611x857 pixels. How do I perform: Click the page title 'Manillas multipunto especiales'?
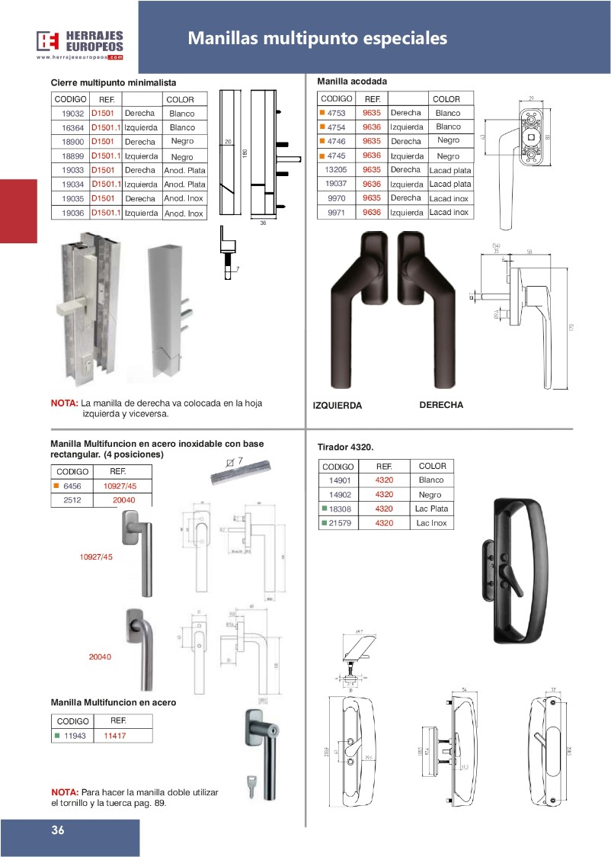(x=317, y=38)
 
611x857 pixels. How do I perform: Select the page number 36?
(x=58, y=830)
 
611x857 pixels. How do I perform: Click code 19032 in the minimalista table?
(x=73, y=114)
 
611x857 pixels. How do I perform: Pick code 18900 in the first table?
(x=73, y=142)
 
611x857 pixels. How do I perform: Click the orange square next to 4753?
(x=322, y=113)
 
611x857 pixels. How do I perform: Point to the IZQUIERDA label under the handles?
(x=337, y=406)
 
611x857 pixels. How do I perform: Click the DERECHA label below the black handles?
(x=441, y=405)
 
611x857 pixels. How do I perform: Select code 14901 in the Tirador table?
(x=339, y=480)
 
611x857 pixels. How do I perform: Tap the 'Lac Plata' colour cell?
(x=432, y=509)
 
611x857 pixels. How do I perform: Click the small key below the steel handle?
(x=251, y=788)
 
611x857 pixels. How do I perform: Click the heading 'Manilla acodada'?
(x=352, y=81)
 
